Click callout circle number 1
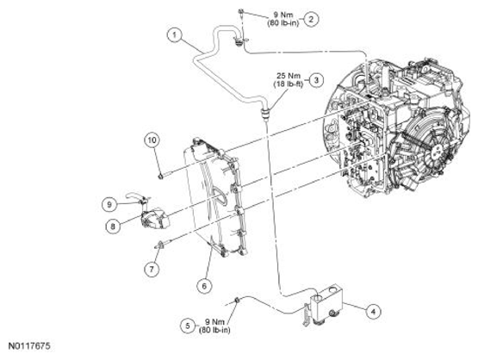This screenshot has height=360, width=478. (x=174, y=35)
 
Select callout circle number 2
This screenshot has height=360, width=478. (x=311, y=20)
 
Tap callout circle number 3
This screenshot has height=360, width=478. (x=316, y=80)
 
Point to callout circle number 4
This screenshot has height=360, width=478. (x=373, y=312)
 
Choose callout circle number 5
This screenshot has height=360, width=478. (x=188, y=326)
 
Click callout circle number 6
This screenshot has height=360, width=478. (x=204, y=286)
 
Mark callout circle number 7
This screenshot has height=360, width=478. (x=152, y=269)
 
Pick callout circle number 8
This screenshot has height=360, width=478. (x=113, y=227)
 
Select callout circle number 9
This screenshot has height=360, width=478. (x=109, y=204)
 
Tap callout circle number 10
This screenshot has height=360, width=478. (x=152, y=140)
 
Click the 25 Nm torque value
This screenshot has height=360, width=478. (x=289, y=76)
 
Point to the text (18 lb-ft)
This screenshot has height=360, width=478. (x=289, y=84)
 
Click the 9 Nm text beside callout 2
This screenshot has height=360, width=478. (x=283, y=15)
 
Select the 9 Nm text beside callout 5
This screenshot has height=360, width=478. (x=214, y=321)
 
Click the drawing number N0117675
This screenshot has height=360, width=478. (x=29, y=346)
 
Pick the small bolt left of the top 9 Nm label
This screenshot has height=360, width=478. (x=241, y=12)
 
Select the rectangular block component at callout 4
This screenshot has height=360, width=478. (x=325, y=303)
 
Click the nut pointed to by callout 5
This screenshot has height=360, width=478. (x=236, y=301)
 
